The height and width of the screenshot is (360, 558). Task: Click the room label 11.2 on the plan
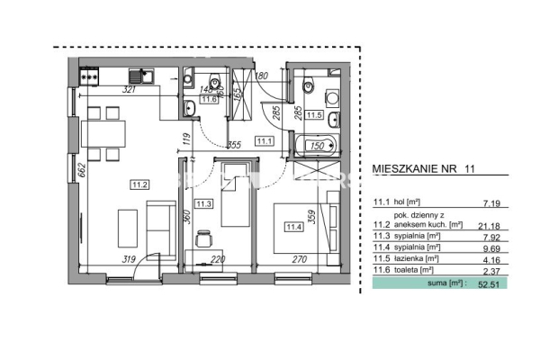point(139,185)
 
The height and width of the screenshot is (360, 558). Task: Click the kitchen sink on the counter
point(139,77)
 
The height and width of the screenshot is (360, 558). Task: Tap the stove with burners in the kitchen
point(91,77)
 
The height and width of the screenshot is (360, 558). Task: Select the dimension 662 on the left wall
point(80,168)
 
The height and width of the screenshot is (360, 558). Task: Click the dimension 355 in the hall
point(233,144)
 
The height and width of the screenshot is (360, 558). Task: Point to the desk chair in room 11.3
point(202,241)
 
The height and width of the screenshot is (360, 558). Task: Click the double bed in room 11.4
point(302,225)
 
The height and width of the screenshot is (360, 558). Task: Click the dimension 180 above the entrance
point(262,76)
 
